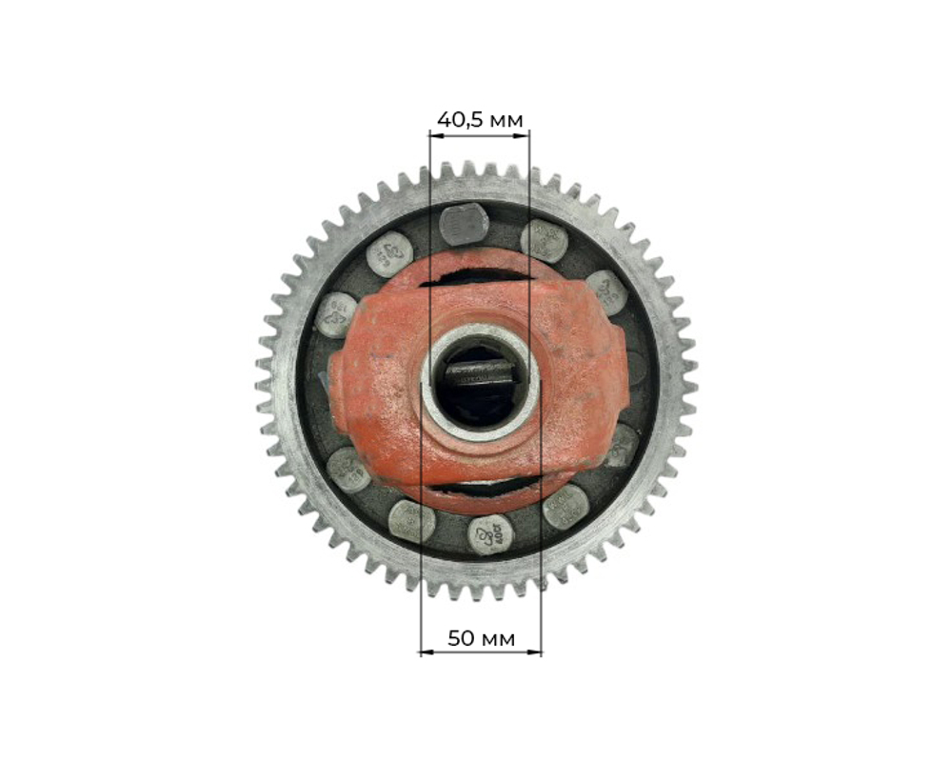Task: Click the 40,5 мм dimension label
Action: (480, 119)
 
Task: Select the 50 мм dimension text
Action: (481, 638)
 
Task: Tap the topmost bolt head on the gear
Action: (464, 225)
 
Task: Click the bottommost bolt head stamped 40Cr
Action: (490, 535)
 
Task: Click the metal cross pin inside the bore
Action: (480, 375)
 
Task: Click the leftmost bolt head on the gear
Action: (335, 314)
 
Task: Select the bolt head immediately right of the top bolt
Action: (544, 240)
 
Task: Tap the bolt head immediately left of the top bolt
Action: (389, 254)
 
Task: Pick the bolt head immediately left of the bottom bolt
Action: (412, 521)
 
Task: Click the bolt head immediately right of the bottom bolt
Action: (565, 506)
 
